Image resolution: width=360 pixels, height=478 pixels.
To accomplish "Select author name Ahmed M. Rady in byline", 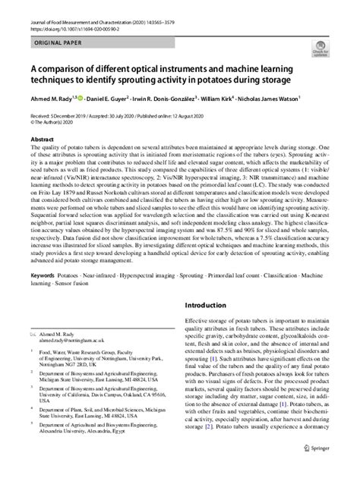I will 51,99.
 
